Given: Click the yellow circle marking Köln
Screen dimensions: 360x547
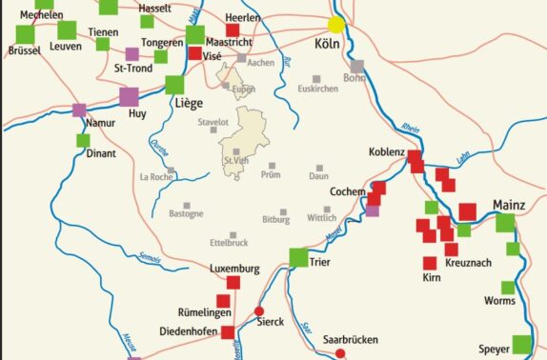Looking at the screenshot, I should click(336, 25).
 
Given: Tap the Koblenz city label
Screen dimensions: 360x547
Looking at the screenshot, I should click(387, 152).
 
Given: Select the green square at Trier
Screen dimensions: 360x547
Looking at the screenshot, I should click(298, 257).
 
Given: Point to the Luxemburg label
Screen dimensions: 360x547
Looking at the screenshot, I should click(233, 270).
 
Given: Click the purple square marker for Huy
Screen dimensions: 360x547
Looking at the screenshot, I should click(129, 96).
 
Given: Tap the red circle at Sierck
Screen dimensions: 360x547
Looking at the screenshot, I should click(259, 310).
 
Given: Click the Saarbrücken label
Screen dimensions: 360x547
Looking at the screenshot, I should click(351, 339).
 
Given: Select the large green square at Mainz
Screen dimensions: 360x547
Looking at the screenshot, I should click(505, 223).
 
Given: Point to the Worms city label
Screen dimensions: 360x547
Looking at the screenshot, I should click(499, 301).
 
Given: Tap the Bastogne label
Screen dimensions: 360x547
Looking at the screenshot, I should click(186, 214).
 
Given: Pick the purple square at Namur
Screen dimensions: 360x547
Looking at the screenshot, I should click(79, 110).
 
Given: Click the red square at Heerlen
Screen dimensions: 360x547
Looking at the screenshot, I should click(233, 30).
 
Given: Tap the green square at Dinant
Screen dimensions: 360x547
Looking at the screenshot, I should click(84, 140).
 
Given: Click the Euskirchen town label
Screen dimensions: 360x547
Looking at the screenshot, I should click(317, 89).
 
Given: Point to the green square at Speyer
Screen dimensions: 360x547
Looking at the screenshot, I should click(522, 343).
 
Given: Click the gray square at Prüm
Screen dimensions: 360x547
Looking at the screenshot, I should click(272, 166).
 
